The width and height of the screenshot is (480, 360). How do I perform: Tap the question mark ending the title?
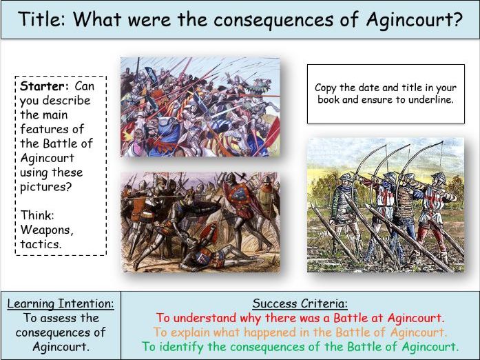[457, 19]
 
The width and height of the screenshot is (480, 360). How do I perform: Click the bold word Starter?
[42, 86]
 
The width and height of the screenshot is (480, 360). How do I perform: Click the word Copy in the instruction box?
[326, 88]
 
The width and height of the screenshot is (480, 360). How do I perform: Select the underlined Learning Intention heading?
[60, 303]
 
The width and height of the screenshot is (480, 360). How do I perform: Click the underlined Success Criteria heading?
[300, 303]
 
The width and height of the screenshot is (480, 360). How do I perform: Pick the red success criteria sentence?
[300, 318]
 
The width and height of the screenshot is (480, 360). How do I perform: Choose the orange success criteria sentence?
[300, 332]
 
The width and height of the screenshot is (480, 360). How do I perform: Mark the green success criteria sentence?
[300, 347]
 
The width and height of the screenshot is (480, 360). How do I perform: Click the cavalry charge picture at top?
[200, 107]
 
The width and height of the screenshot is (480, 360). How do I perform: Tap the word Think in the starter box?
[37, 214]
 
